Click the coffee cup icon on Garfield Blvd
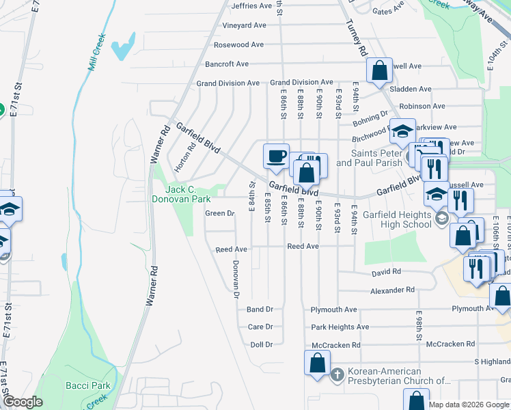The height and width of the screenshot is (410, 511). (x=277, y=156)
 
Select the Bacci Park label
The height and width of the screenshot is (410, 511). (x=88, y=385)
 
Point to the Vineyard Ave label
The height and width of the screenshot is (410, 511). (x=244, y=25)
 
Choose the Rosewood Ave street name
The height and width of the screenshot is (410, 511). (x=238, y=44)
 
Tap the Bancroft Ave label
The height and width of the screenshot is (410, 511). (x=227, y=64)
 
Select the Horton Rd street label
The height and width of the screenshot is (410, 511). (x=182, y=158)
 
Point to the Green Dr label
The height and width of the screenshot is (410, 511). (x=220, y=213)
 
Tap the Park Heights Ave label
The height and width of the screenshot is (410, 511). (x=340, y=327)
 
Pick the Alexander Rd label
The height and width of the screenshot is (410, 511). (x=393, y=290)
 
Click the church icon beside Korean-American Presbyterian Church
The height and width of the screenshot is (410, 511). (x=337, y=375)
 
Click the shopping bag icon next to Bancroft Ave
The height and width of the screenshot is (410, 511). (x=379, y=70)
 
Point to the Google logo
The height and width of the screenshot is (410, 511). (x=23, y=402)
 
